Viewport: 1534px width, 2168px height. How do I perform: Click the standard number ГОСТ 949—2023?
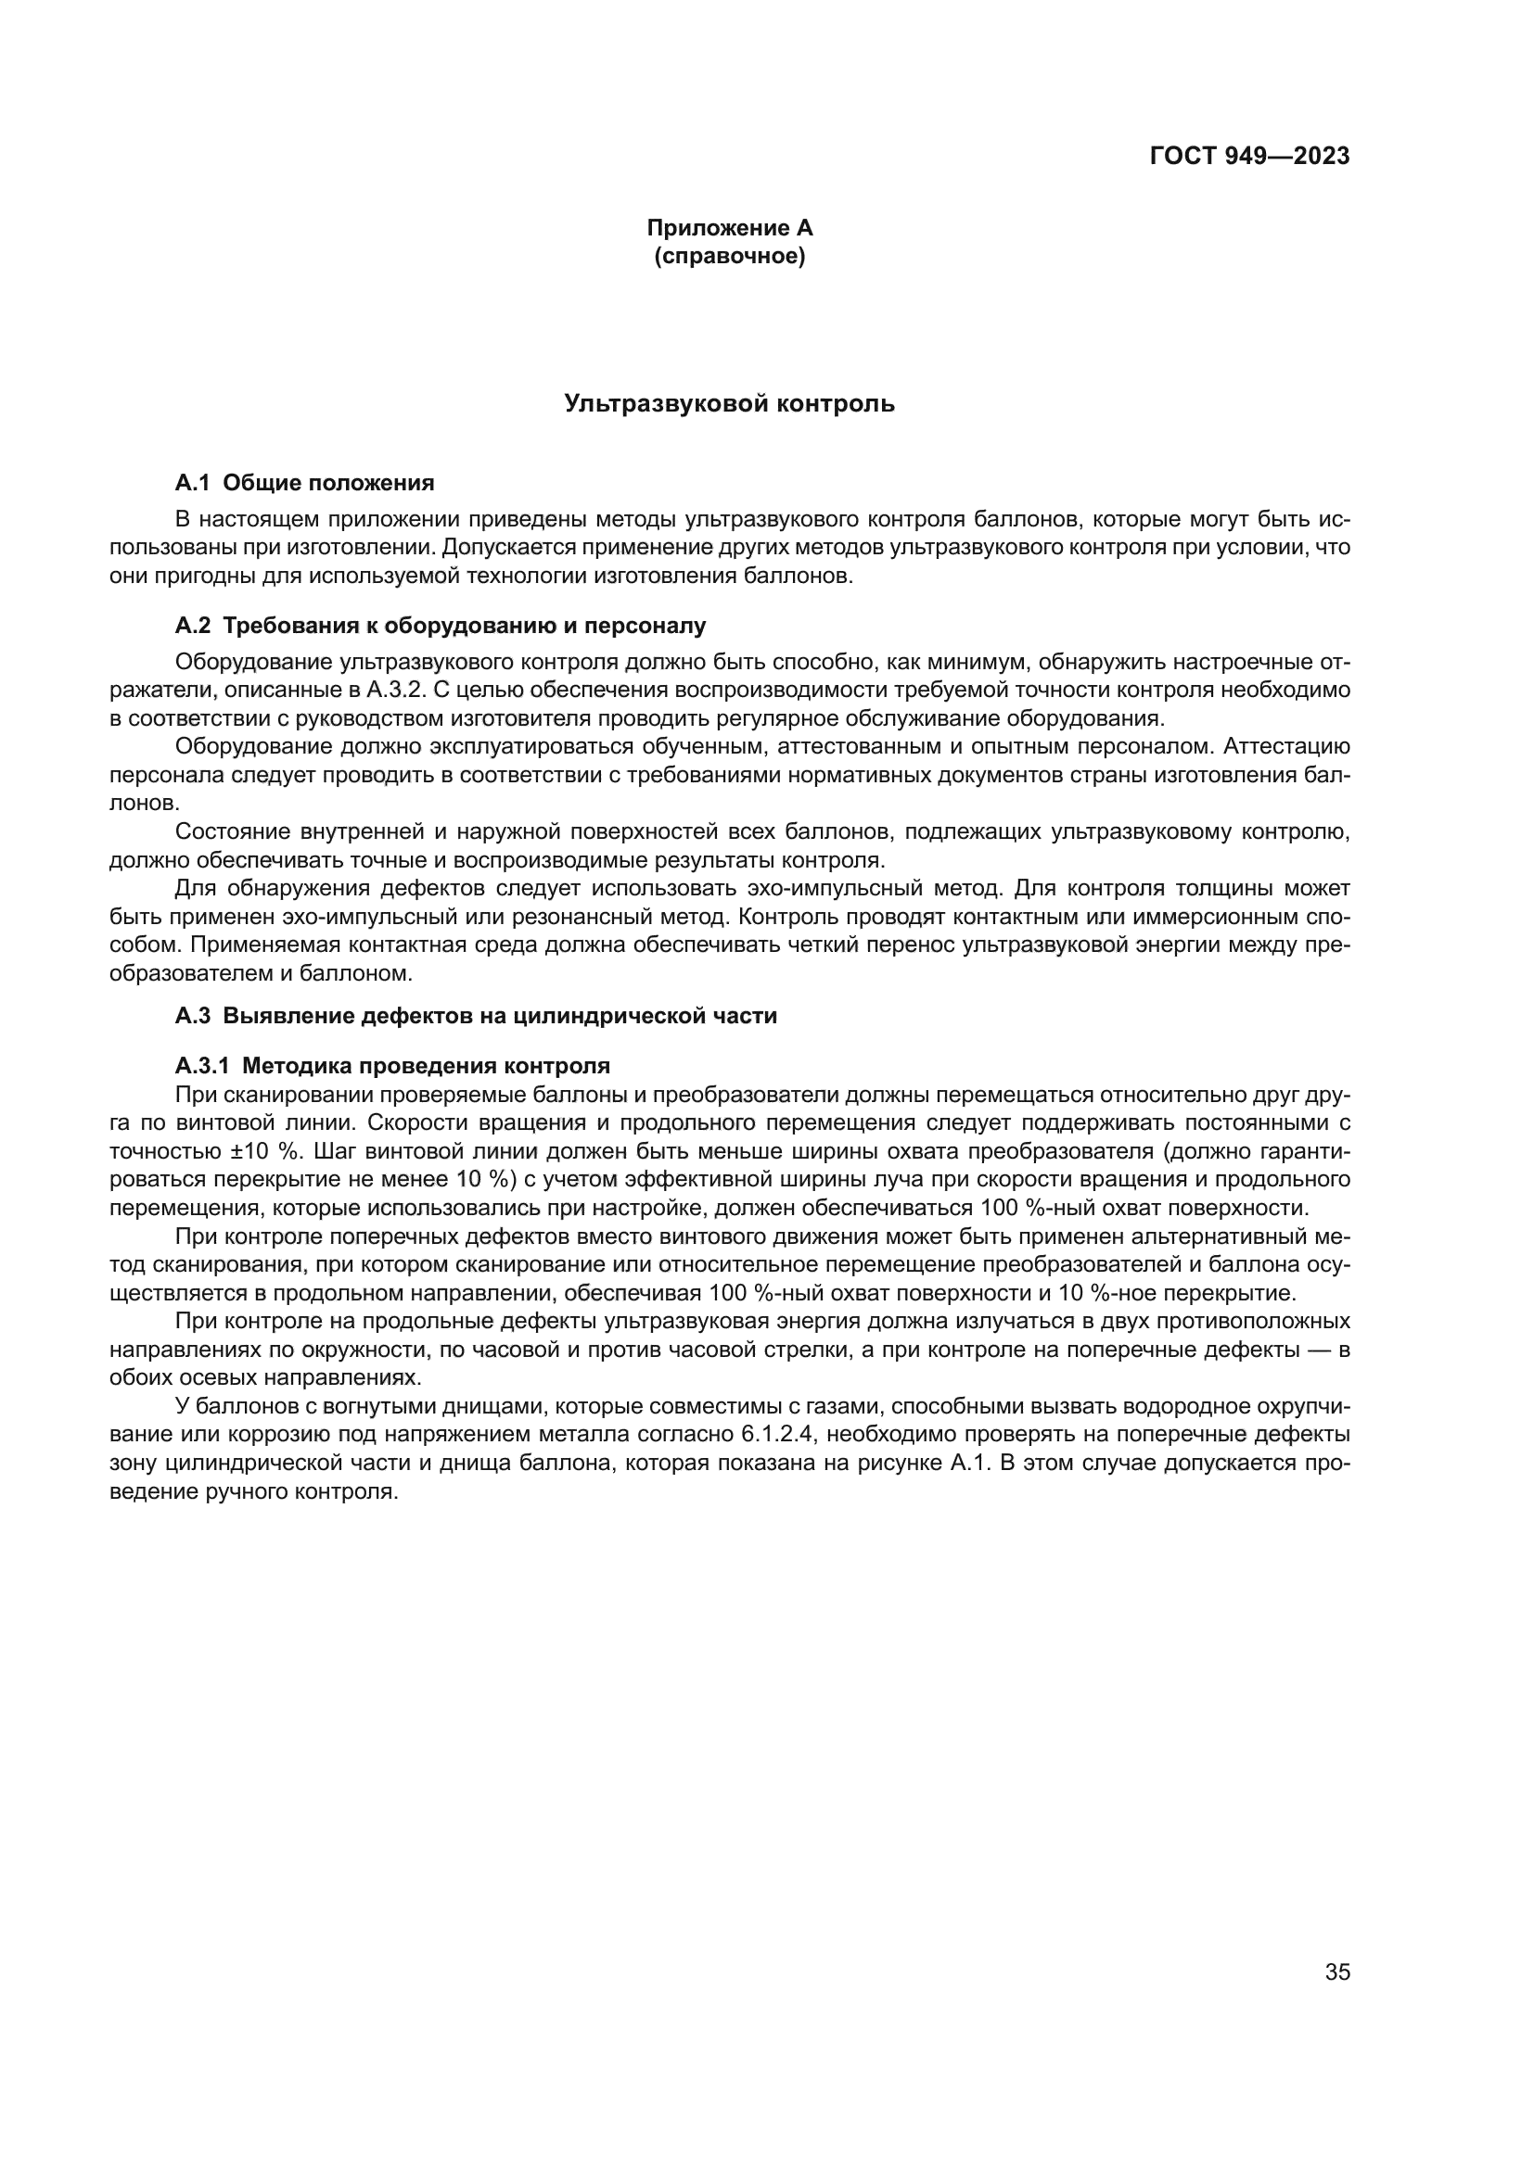coord(1248,157)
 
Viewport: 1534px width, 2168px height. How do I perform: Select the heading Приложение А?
coord(729,229)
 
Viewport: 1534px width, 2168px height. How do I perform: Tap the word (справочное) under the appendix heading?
coord(729,257)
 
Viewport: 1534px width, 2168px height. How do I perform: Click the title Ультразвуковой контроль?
coord(729,404)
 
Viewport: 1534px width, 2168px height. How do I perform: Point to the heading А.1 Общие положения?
coord(304,484)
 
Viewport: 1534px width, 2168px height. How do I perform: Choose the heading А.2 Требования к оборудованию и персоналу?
coord(441,626)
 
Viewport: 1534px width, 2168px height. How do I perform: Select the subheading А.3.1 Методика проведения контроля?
coord(392,1066)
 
